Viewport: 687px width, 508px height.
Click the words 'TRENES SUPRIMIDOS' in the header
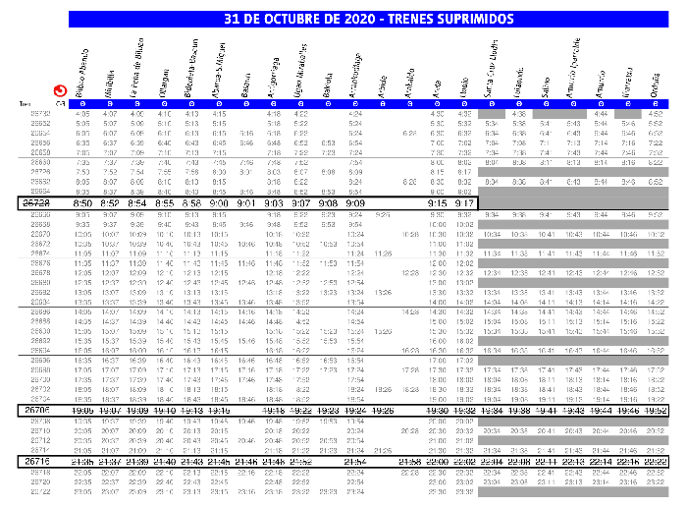449,19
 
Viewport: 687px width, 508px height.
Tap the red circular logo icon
60,89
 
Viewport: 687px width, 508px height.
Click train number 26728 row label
37,201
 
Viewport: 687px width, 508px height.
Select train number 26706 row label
37,410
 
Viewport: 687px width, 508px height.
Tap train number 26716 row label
37,461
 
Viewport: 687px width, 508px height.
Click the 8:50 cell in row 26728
82,201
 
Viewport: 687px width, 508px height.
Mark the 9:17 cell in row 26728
465,201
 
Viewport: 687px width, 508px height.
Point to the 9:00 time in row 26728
219,201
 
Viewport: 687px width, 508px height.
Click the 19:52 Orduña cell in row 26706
657,410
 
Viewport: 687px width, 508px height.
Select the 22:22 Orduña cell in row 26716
657,461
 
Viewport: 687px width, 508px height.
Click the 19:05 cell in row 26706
82,410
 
